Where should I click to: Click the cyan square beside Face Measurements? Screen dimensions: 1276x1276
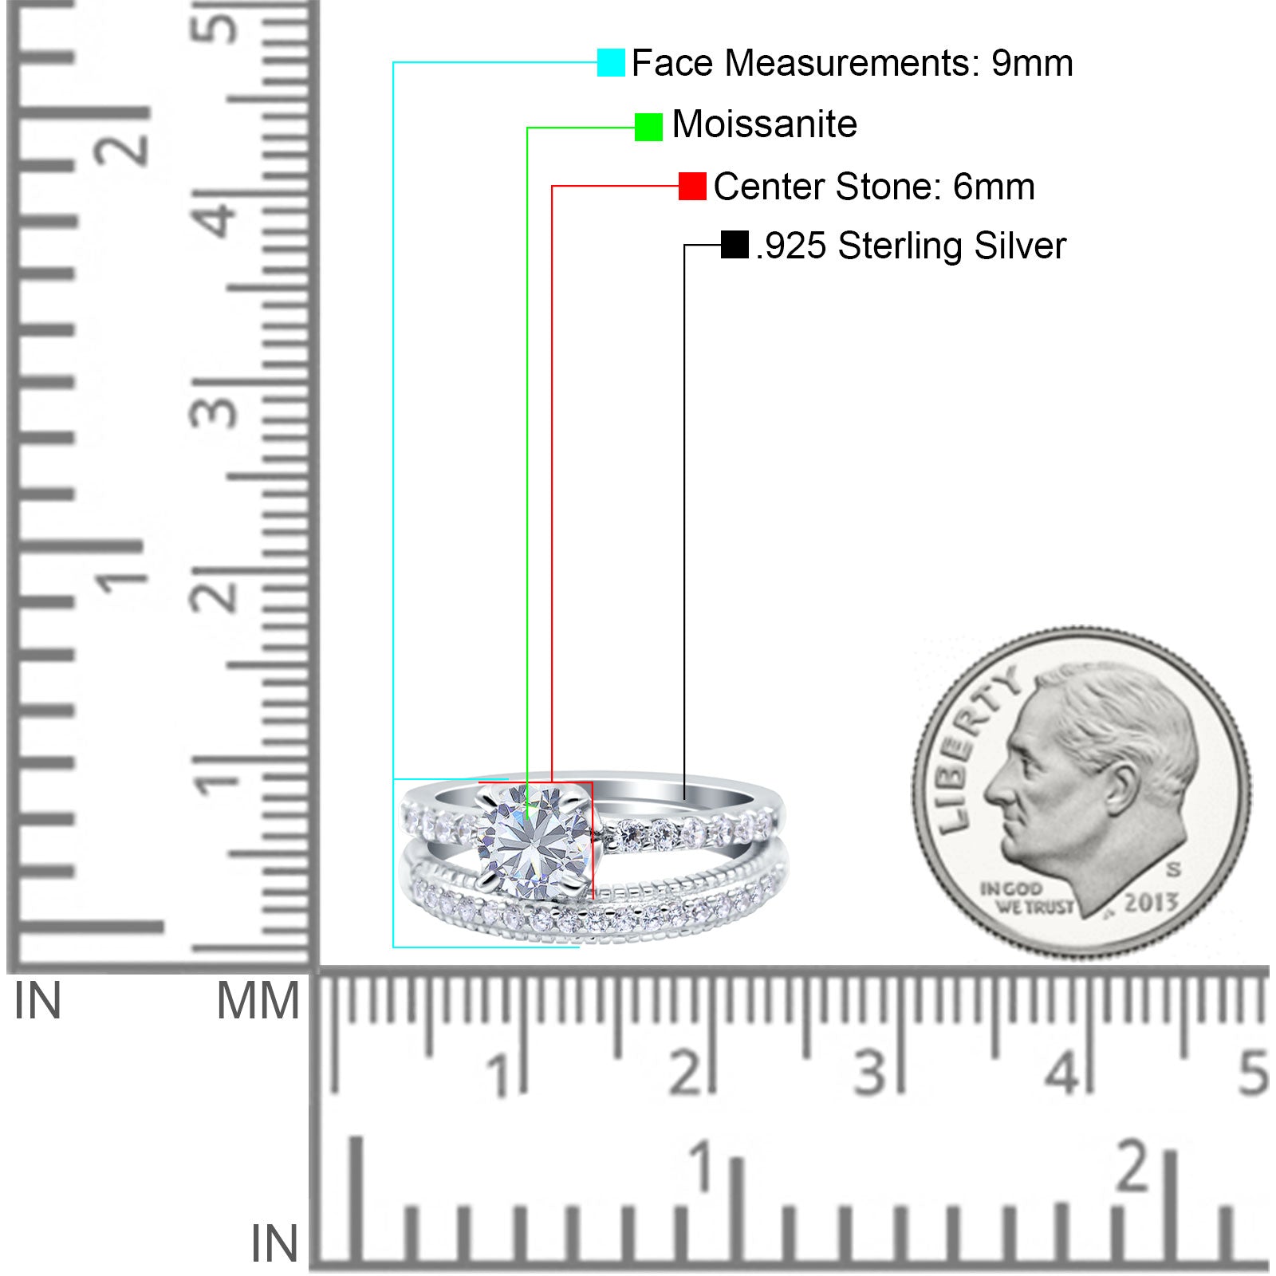611,62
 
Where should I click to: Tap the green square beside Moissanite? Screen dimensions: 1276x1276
648,127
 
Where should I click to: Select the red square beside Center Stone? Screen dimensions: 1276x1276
692,186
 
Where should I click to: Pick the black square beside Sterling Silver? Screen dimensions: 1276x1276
734,245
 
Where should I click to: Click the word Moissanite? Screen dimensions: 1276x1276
765,124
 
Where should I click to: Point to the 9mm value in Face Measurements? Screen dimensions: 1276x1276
1032,63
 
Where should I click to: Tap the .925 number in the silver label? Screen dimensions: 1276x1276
791,246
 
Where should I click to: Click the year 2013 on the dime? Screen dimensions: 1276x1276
1151,902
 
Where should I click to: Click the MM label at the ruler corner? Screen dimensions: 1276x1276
258,1001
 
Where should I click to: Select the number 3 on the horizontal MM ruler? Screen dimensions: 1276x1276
870,1073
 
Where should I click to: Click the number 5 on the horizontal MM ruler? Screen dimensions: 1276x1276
1253,1073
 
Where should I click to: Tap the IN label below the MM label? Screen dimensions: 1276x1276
274,1243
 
